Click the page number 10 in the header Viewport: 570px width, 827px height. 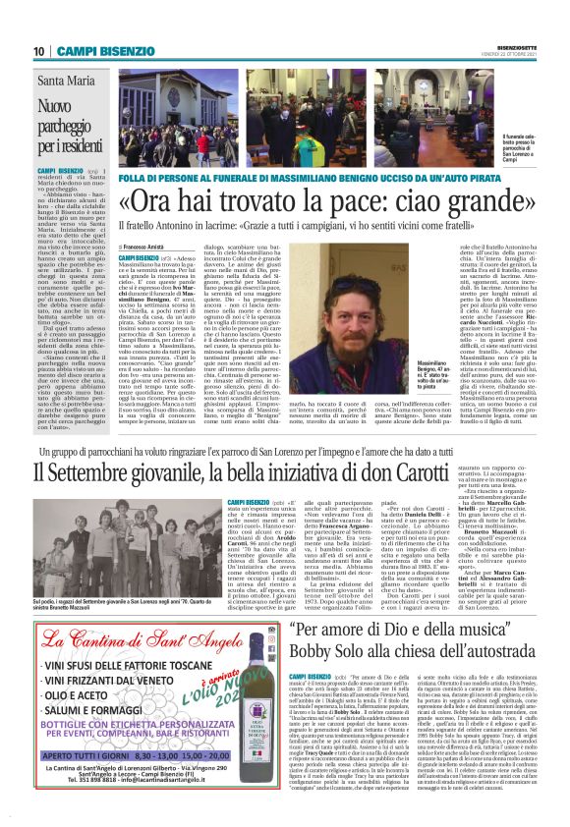point(38,50)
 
